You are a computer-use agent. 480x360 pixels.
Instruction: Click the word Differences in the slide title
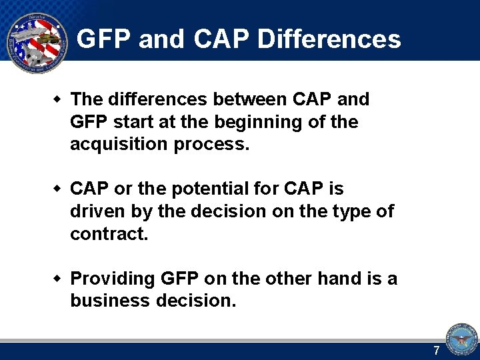pyautogui.click(x=329, y=39)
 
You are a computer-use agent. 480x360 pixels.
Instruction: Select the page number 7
pyautogui.click(x=437, y=351)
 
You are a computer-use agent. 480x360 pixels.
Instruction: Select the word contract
pyautogui.click(x=107, y=234)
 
